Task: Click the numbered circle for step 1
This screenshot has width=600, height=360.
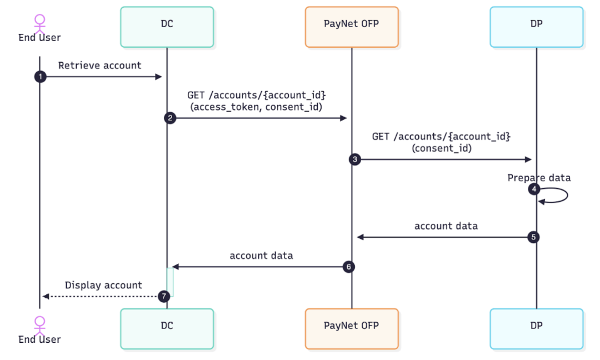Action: click(x=40, y=77)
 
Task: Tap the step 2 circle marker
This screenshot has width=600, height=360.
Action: click(x=171, y=118)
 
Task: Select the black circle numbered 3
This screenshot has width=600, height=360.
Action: click(x=355, y=159)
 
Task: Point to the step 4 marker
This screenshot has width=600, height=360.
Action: click(x=534, y=189)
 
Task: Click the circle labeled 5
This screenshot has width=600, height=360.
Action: click(x=534, y=237)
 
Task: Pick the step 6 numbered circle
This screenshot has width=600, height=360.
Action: click(x=348, y=267)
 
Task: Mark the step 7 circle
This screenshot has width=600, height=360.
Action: click(x=163, y=297)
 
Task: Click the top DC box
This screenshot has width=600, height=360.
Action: click(x=167, y=27)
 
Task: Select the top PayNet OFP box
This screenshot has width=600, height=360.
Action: click(x=351, y=27)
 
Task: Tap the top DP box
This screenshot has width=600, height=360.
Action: click(x=536, y=27)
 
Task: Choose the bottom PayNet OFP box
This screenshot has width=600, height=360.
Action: click(x=351, y=328)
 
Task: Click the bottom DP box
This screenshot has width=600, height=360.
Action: click(x=536, y=328)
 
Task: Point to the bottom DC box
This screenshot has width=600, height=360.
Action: click(x=167, y=328)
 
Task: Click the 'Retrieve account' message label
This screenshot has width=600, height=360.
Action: click(x=100, y=66)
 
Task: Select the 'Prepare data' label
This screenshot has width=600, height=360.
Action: click(x=538, y=178)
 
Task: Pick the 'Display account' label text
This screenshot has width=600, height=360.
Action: click(x=103, y=286)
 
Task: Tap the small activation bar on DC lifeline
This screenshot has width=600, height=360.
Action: click(x=170, y=282)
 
